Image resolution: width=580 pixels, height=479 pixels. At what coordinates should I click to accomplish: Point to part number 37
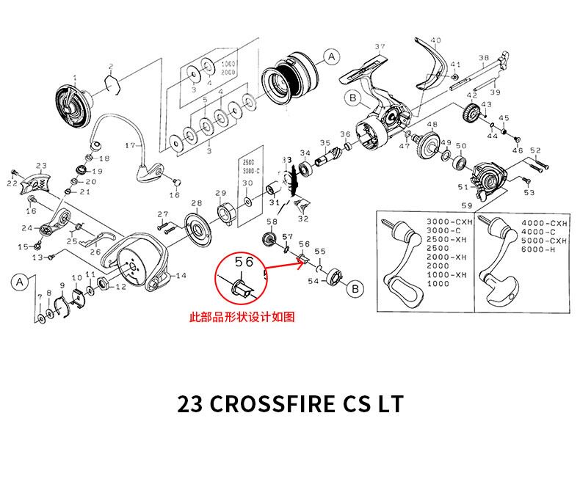(x=380, y=48)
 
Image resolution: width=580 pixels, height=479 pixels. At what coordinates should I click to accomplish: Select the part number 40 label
(x=436, y=40)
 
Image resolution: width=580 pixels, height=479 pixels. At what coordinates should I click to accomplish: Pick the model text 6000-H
(x=542, y=250)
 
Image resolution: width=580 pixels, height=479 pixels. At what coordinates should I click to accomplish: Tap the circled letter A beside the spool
(x=331, y=56)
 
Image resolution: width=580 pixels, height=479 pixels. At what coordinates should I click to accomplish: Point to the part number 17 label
(x=131, y=145)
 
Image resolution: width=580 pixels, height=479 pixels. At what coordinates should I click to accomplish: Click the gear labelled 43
(x=472, y=114)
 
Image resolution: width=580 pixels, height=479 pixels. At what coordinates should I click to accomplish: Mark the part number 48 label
(x=432, y=125)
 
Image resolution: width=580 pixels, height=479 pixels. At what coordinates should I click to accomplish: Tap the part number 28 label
(x=196, y=203)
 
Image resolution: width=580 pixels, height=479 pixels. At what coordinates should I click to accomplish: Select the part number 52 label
(x=535, y=150)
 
